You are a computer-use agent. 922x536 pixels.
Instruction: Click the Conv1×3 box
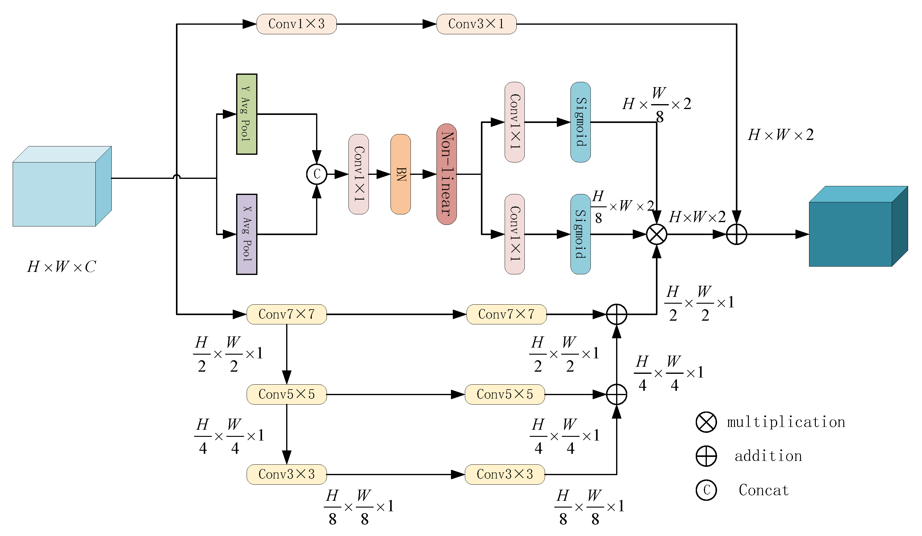click(x=296, y=24)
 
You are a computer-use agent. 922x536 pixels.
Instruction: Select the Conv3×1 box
click(x=476, y=24)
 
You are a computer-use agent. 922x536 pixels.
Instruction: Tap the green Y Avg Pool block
click(x=247, y=114)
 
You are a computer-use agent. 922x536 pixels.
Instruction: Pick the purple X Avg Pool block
click(x=247, y=234)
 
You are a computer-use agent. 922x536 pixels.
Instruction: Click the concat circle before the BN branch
click(x=316, y=174)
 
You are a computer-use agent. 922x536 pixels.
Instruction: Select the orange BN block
click(x=401, y=174)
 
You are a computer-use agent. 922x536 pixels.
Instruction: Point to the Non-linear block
click(x=446, y=174)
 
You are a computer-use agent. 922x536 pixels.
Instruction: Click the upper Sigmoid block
click(x=581, y=122)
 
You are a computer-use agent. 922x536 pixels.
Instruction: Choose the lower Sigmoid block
click(x=581, y=234)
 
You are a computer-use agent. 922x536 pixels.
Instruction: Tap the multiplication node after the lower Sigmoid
click(x=657, y=234)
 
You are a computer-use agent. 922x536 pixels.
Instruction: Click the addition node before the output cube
click(x=736, y=234)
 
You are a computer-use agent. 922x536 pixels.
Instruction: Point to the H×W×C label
click(x=61, y=267)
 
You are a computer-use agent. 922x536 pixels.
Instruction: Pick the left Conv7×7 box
click(x=286, y=314)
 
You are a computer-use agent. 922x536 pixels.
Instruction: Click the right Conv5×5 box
click(x=505, y=394)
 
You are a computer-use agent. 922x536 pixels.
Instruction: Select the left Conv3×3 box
click(x=286, y=475)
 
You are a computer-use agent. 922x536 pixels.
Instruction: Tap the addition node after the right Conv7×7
click(x=616, y=314)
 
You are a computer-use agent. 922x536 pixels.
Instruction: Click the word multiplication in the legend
click(x=786, y=422)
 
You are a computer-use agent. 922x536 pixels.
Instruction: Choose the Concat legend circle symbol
click(x=706, y=490)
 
